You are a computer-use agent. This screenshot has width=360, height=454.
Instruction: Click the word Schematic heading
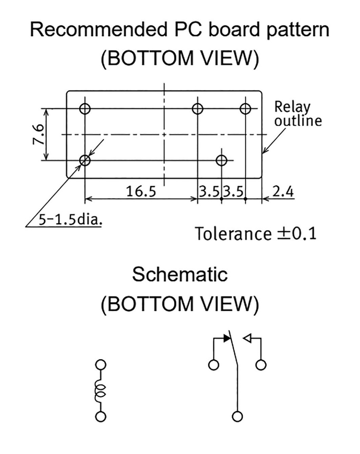[180, 275]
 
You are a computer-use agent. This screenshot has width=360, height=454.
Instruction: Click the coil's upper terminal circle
[101, 364]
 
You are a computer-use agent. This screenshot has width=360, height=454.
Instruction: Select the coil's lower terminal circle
[101, 416]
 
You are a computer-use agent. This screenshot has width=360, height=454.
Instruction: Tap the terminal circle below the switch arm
[238, 416]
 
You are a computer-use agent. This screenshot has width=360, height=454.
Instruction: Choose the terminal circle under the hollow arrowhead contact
[261, 364]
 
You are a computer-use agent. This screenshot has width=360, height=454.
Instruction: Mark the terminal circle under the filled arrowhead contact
[214, 364]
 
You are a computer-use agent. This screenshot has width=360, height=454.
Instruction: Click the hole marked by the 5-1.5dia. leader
[85, 160]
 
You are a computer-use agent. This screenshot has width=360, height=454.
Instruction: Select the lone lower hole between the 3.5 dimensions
[221, 160]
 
